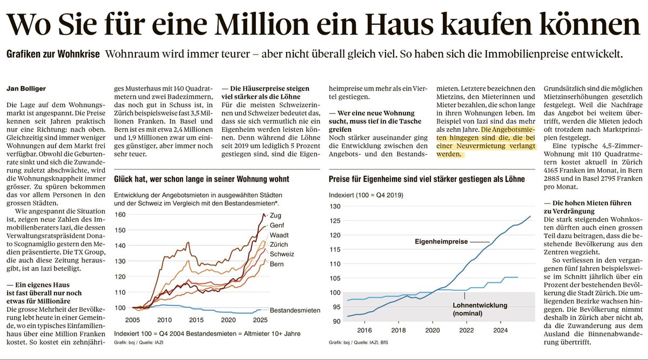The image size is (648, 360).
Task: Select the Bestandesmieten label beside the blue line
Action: coord(295,310)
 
